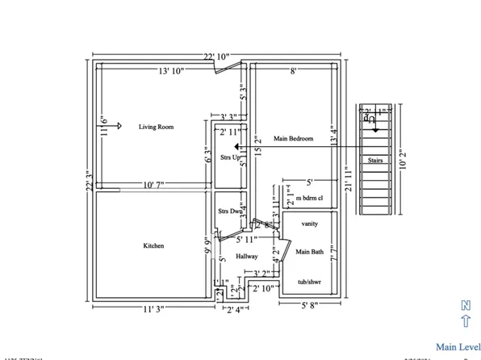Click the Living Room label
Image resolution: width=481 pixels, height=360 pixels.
pyautogui.click(x=156, y=127)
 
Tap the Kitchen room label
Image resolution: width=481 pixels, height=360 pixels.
pyautogui.click(x=155, y=245)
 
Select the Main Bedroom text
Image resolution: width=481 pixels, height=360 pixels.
pyautogui.click(x=293, y=138)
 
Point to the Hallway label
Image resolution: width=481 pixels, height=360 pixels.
pyautogui.click(x=246, y=256)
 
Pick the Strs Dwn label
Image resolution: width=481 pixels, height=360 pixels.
pyautogui.click(x=230, y=211)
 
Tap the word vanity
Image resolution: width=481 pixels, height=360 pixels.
pyautogui.click(x=309, y=223)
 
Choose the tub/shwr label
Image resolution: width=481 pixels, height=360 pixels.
pyautogui.click(x=307, y=282)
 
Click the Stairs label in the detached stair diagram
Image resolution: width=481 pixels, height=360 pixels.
pyautogui.click(x=375, y=161)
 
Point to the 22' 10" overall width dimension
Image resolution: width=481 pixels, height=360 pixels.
pyautogui.click(x=216, y=56)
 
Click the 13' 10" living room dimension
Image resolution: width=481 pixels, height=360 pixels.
pyautogui.click(x=170, y=71)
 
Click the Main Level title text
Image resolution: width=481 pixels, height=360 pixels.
pyautogui.click(x=457, y=346)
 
